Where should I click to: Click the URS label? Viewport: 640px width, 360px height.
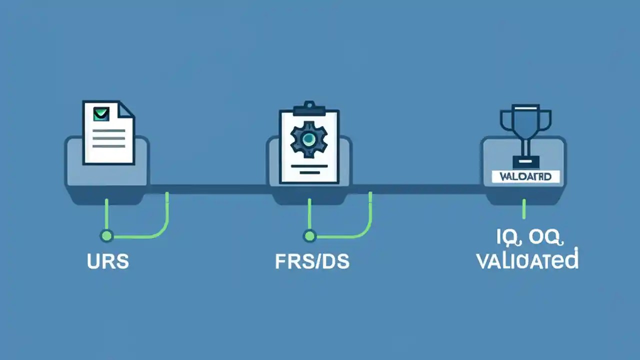108,262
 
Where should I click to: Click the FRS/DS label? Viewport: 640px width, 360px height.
312,262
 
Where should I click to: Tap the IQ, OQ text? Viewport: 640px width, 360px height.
529,238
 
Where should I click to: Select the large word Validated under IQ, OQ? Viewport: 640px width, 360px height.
527,261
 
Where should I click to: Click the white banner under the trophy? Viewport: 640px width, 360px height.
525,176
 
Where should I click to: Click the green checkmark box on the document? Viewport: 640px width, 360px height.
101,114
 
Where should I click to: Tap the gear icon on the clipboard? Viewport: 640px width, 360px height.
308,138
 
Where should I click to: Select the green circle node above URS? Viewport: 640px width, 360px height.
106,235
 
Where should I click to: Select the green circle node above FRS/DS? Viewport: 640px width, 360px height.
310,235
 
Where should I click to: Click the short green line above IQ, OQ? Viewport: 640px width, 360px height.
524,208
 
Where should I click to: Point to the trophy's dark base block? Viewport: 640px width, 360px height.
525,162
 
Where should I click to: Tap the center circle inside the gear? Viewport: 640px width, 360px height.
308,139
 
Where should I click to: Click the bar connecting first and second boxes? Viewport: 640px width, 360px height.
207,189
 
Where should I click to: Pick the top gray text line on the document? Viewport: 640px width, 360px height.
108,130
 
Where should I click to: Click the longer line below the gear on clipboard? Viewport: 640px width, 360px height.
308,164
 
